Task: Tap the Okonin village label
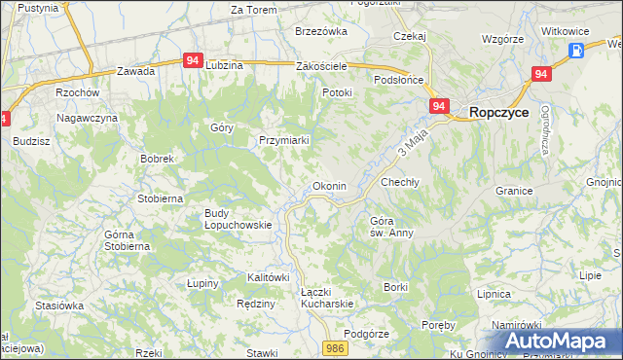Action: pyautogui.click(x=327, y=186)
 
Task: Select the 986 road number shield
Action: pyautogui.click(x=336, y=347)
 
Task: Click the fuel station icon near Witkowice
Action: pyautogui.click(x=576, y=51)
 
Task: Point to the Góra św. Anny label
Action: pyautogui.click(x=392, y=227)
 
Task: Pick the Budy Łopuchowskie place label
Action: pyautogui.click(x=238, y=219)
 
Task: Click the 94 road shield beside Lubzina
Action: pyautogui.click(x=193, y=60)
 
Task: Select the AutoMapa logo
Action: pyautogui.click(x=559, y=342)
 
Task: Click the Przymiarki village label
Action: pyautogui.click(x=284, y=140)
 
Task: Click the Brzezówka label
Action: pyautogui.click(x=320, y=31)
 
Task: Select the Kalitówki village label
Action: pyautogui.click(x=269, y=277)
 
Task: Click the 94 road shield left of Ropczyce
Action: pyautogui.click(x=439, y=106)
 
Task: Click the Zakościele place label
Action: pyautogui.click(x=321, y=66)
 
